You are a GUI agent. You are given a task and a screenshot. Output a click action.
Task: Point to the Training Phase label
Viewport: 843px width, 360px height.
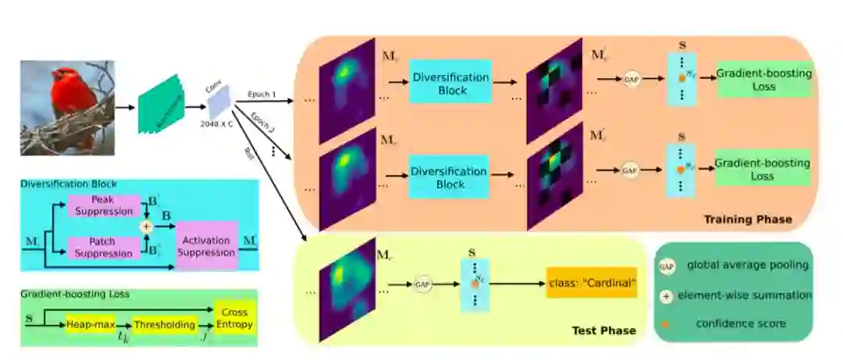(747, 219)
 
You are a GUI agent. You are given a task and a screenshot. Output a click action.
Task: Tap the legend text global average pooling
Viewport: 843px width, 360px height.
(746, 266)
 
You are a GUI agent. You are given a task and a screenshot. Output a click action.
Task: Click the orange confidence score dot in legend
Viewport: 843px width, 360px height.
(666, 323)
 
